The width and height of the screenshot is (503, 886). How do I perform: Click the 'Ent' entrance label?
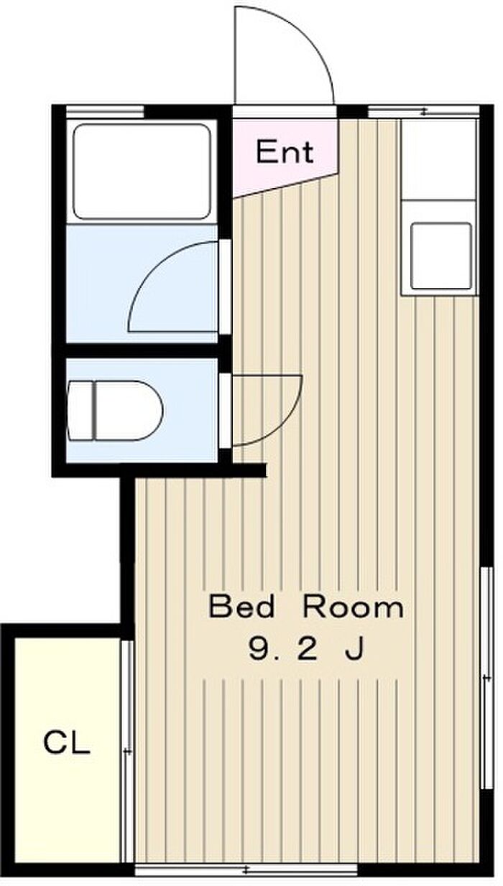pyautogui.click(x=285, y=152)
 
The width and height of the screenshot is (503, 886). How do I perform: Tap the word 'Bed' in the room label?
pyautogui.click(x=241, y=607)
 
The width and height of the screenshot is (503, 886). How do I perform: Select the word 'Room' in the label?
pyautogui.click(x=354, y=607)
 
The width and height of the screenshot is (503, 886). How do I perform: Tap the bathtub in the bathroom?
pyautogui.click(x=142, y=172)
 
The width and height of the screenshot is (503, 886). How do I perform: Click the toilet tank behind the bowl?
pyautogui.click(x=80, y=411)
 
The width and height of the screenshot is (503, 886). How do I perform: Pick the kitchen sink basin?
pyautogui.click(x=441, y=256)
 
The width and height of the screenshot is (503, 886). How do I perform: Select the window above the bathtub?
pyautogui.click(x=104, y=112)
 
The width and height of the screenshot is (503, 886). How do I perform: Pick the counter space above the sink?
pyautogui.click(x=438, y=159)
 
